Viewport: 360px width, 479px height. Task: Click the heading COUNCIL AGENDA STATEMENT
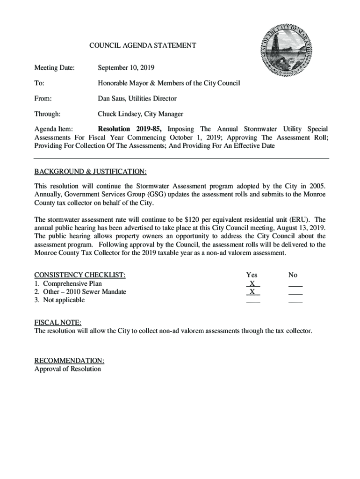coord(143,45)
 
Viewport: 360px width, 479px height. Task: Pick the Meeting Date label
coord(54,68)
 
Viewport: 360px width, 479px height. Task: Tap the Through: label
coord(47,114)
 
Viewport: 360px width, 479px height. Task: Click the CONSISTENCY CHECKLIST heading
coord(80,275)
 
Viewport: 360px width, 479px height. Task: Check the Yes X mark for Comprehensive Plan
coord(252,283)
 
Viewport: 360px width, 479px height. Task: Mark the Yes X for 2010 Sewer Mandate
coord(252,292)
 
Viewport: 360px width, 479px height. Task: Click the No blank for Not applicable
coord(295,301)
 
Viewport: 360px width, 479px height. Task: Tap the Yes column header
coord(252,275)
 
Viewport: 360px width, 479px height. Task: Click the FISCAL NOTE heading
coord(58,323)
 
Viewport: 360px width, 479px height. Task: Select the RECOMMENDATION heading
coord(69,361)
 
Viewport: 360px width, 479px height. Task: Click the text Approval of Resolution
coord(67,369)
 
